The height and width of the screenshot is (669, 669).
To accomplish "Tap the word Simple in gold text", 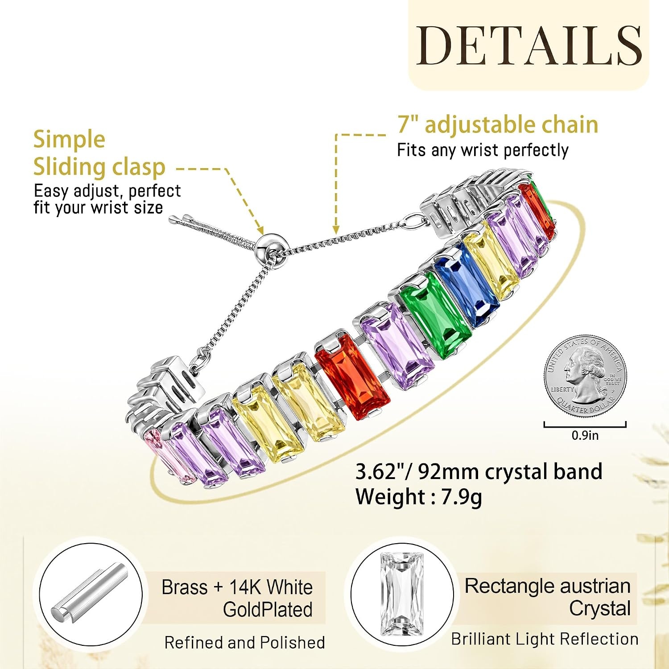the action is pyautogui.click(x=69, y=140).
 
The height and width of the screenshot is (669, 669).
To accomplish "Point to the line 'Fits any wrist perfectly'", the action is pyautogui.click(x=483, y=150).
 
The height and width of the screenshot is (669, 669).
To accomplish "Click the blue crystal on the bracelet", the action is pyautogui.click(x=467, y=285).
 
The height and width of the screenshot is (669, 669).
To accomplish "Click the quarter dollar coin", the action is pyautogui.click(x=585, y=376).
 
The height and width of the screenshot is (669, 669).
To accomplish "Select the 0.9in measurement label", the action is pyautogui.click(x=585, y=435).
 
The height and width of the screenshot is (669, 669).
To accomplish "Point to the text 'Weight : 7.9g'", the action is pyautogui.click(x=418, y=497).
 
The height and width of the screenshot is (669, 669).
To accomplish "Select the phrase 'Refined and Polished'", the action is pyautogui.click(x=244, y=643).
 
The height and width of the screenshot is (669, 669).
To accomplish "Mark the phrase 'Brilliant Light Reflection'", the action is pyautogui.click(x=545, y=639).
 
